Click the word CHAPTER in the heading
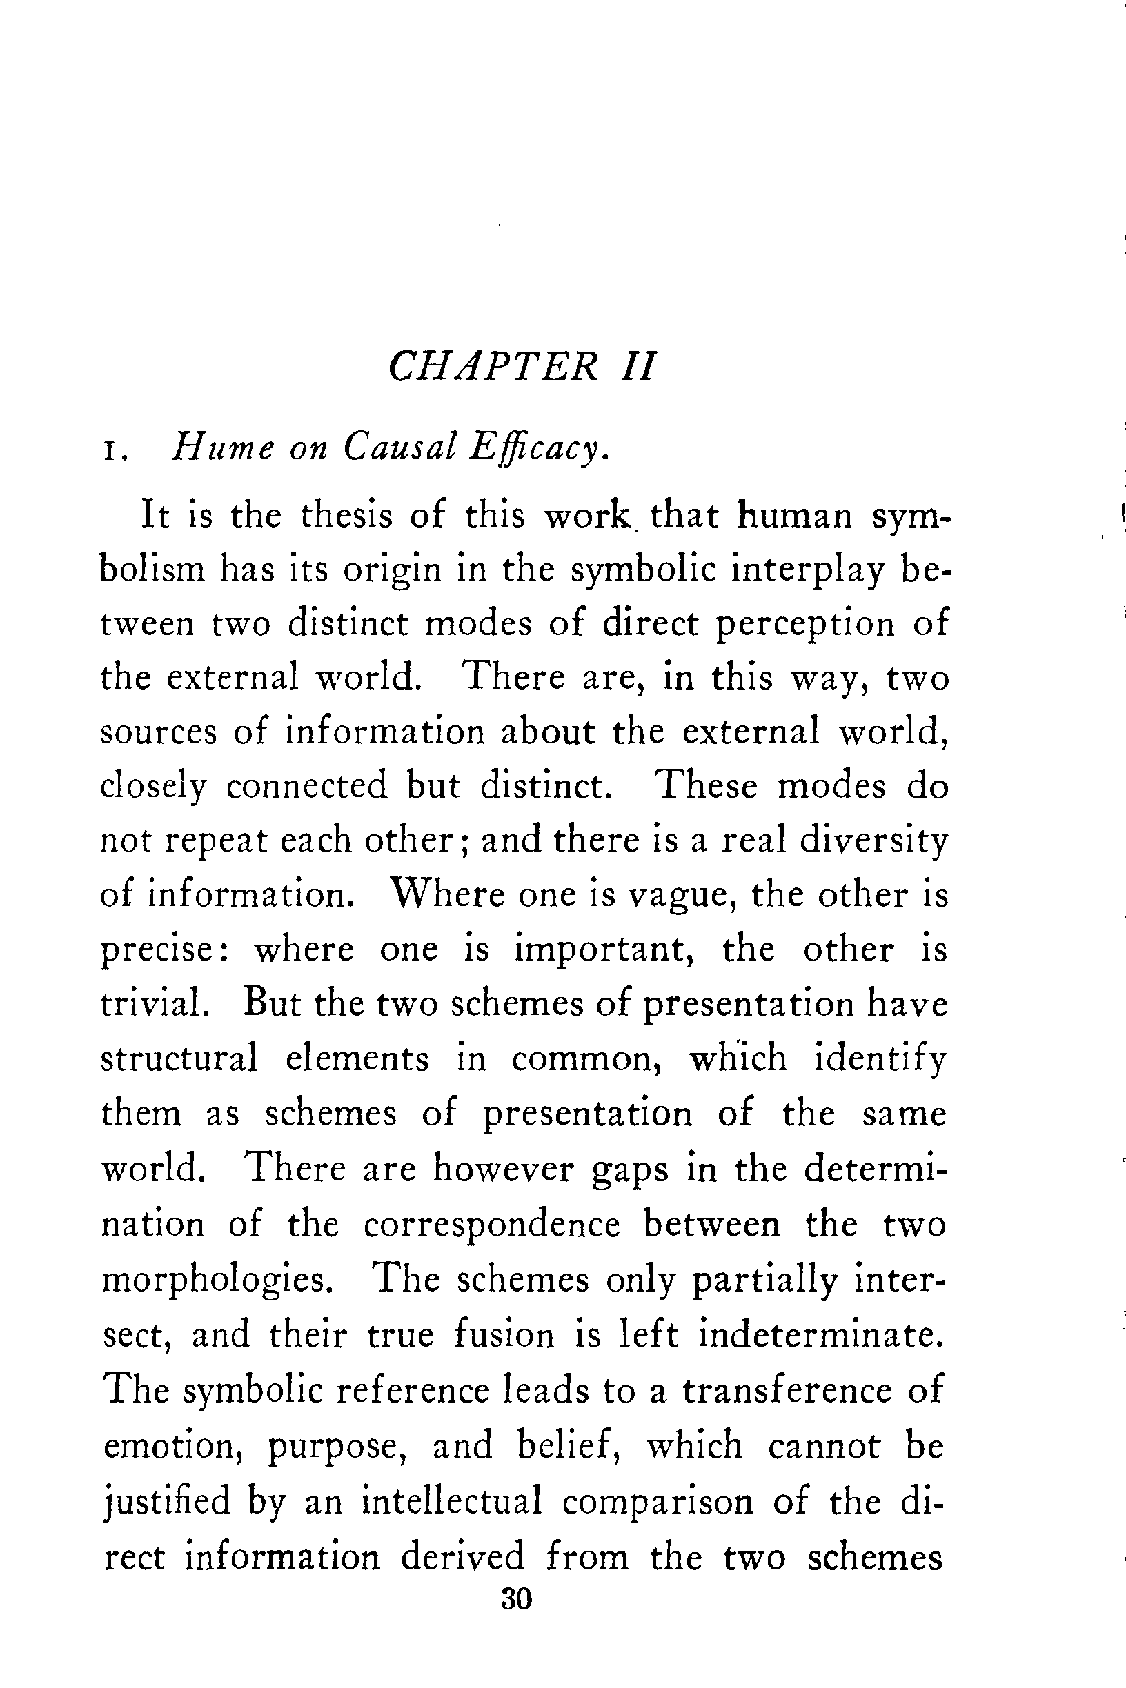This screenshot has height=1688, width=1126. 493,367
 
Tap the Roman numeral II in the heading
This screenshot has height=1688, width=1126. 638,367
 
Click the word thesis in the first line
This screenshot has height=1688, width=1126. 347,515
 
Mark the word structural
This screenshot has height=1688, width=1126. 179,1058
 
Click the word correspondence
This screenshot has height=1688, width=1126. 491,1225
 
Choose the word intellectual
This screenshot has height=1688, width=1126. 452,1500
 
